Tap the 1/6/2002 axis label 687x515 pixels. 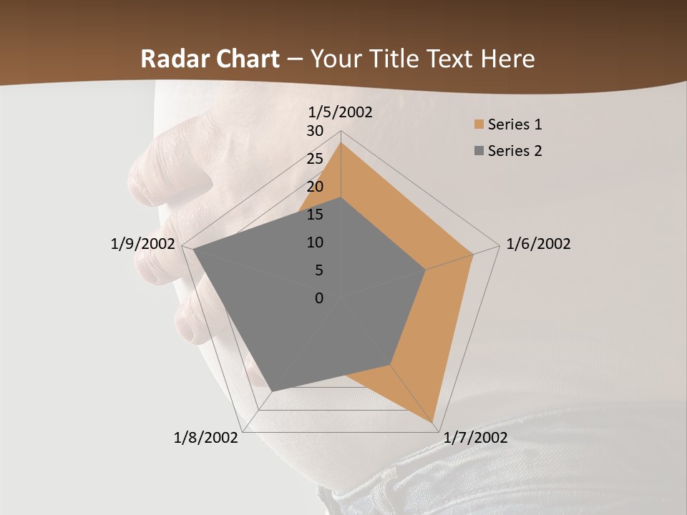(x=538, y=244)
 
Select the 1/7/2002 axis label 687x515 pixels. (x=476, y=437)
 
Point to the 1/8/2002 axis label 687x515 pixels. (x=206, y=437)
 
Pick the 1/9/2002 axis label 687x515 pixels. (x=143, y=244)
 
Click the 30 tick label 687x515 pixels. (x=315, y=131)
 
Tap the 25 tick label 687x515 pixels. (x=315, y=159)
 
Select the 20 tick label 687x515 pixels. (x=315, y=187)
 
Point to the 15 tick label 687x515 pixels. (x=315, y=215)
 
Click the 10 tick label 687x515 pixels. (x=315, y=242)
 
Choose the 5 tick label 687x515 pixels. (x=318, y=270)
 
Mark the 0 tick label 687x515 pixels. (x=319, y=298)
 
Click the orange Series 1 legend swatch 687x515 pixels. (x=479, y=125)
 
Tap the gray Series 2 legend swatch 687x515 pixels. (x=479, y=151)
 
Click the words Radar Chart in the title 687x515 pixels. (x=210, y=59)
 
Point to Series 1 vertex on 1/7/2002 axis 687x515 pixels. (x=434, y=422)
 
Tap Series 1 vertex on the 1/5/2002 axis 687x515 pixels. (x=341, y=142)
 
